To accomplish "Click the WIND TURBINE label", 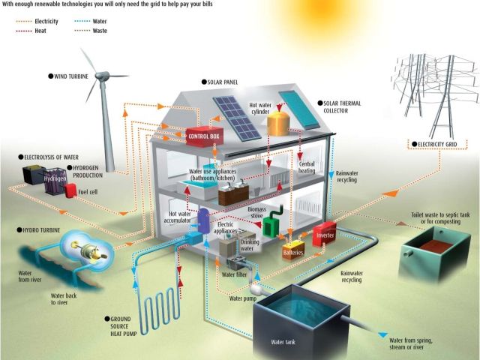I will click(x=76, y=76).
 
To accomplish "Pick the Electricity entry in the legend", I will click(x=46, y=22).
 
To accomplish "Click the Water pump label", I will click(x=244, y=298).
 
